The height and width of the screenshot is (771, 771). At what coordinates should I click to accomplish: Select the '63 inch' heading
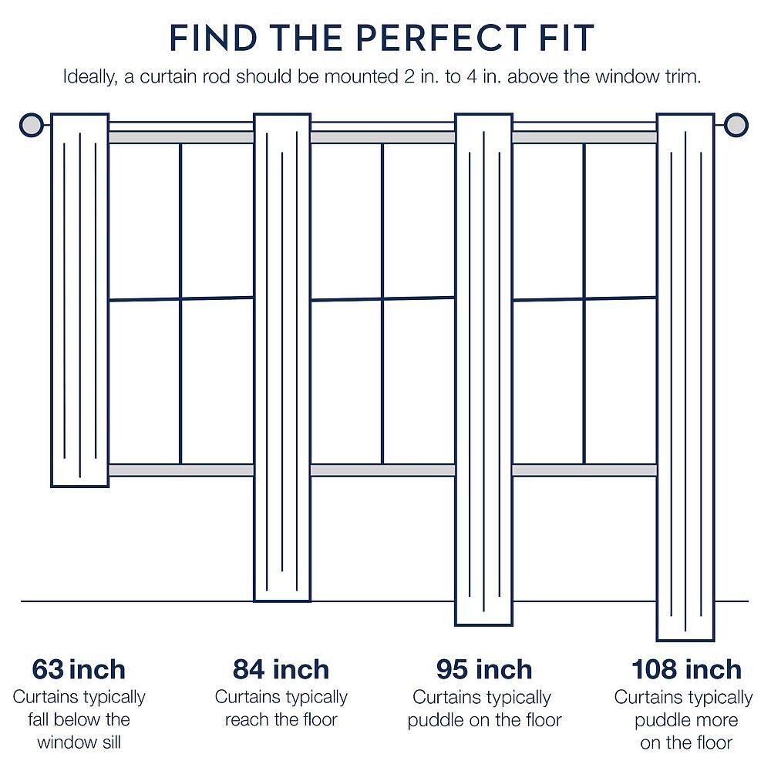tap(79, 669)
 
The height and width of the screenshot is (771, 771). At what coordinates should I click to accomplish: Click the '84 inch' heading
tap(281, 669)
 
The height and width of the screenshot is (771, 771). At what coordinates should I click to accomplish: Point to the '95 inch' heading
tap(484, 669)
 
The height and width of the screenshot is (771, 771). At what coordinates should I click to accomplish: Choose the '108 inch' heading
tap(686, 669)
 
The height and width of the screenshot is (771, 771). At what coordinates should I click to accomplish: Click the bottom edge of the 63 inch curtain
tap(79, 487)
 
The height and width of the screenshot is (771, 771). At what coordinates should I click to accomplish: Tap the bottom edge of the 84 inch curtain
tap(282, 601)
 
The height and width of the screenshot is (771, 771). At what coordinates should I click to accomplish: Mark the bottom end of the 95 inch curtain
tap(484, 625)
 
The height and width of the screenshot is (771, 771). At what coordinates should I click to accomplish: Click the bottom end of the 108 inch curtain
tap(685, 641)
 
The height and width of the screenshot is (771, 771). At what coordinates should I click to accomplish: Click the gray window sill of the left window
tap(181, 470)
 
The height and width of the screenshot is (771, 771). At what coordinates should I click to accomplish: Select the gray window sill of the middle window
tap(383, 470)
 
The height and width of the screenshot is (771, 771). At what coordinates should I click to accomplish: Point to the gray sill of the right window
tap(584, 470)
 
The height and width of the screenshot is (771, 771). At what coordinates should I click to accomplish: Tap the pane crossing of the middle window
tap(383, 298)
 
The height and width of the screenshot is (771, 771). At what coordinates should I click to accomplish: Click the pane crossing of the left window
tap(181, 298)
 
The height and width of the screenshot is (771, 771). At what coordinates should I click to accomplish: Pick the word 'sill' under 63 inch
tap(110, 742)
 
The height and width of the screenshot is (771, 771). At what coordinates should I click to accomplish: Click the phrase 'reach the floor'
tap(281, 719)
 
